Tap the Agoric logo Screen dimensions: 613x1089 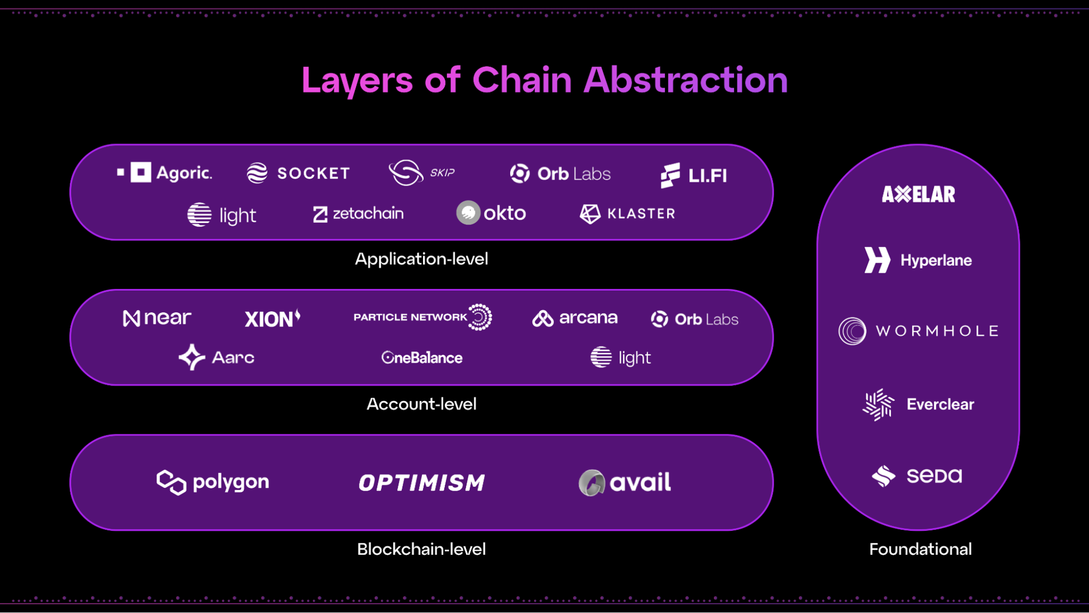[165, 173]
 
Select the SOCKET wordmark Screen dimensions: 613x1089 [314, 173]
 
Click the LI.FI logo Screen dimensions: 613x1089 [694, 175]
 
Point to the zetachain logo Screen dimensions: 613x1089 [359, 213]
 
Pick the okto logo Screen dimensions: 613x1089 [491, 213]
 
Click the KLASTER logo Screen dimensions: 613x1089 [628, 214]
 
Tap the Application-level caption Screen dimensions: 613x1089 [421, 259]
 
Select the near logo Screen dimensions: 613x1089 [157, 318]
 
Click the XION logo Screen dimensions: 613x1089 [272, 318]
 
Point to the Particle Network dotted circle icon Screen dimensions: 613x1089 [480, 317]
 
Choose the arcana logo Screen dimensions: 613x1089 [575, 318]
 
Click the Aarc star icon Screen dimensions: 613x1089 [192, 357]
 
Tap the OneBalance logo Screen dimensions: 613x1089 [422, 358]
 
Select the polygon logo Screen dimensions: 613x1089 [213, 482]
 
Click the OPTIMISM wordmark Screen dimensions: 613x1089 [421, 483]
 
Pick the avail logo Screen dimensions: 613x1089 [625, 482]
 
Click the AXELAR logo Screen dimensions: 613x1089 [919, 194]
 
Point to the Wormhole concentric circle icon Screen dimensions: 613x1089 [852, 331]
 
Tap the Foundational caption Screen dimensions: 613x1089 [920, 549]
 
